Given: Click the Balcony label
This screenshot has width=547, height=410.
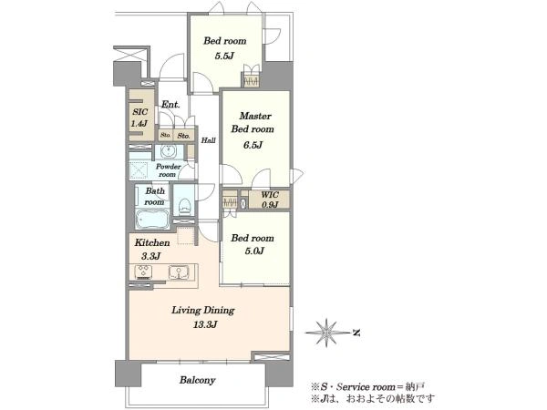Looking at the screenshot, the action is (198, 380).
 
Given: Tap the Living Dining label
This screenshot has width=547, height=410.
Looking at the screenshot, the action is (203, 310).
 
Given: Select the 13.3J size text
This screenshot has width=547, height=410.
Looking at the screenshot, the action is (205, 324).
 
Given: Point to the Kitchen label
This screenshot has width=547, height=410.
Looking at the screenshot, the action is (152, 242).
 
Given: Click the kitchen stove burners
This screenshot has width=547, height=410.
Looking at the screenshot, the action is (144, 272).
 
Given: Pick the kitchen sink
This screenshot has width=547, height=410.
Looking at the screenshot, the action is (179, 272).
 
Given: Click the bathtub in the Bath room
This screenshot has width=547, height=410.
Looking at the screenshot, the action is (152, 219).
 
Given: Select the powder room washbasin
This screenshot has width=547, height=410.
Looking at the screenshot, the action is (170, 151).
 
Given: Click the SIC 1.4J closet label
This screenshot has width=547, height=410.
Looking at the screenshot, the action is (139, 118).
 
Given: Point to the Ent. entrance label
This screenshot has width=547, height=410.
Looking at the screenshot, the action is (170, 104).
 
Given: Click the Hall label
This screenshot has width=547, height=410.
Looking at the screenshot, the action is (208, 140).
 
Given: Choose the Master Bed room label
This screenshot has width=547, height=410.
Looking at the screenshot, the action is (253, 122).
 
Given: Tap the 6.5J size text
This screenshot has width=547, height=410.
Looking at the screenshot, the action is (253, 145).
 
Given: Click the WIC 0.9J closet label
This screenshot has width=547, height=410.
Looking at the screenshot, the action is (270, 200).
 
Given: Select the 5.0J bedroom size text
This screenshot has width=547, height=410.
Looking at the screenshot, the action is (254, 251).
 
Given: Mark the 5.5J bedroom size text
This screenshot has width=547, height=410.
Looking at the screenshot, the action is (224, 56).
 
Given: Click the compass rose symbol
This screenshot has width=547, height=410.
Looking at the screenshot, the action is (327, 333).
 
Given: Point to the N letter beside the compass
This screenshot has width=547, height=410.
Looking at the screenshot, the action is (356, 333).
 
